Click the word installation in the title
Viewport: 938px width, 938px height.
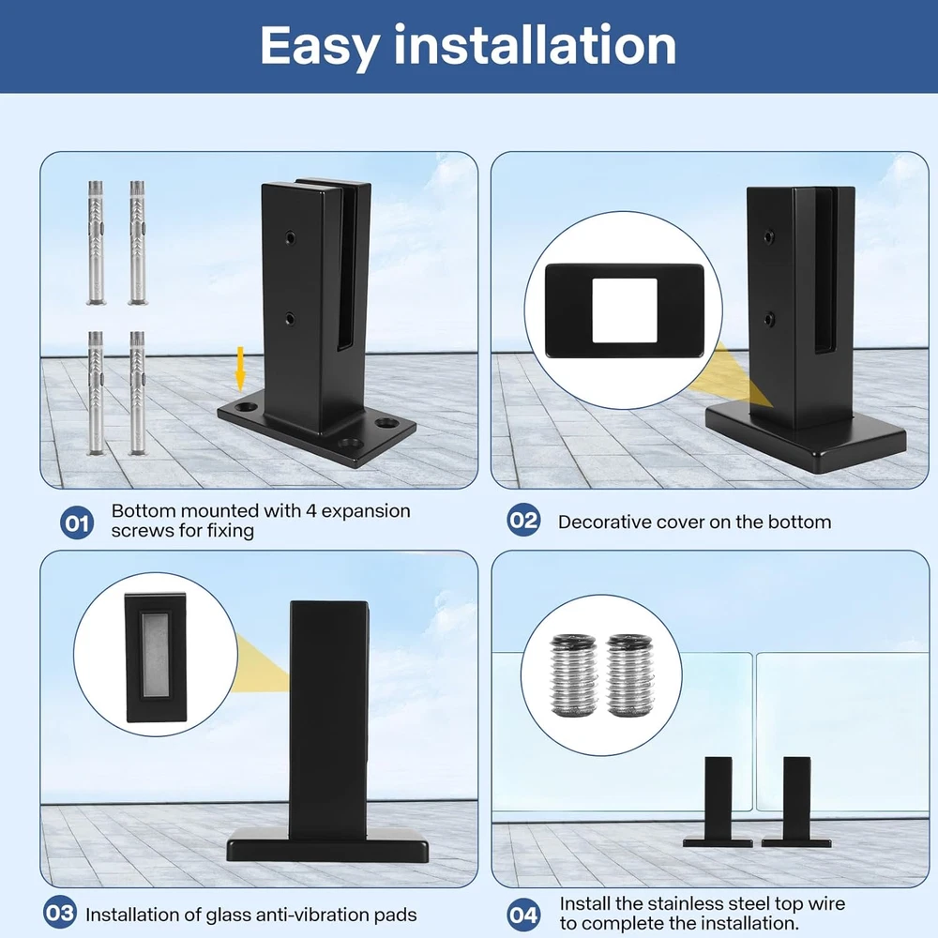point(535,44)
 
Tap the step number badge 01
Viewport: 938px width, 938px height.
point(77,522)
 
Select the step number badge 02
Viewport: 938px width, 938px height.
point(523,520)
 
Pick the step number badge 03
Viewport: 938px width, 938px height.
point(60,913)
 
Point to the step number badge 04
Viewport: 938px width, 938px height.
point(523,914)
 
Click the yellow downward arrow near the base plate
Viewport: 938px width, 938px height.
point(240,369)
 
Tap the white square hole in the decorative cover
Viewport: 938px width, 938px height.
point(624,310)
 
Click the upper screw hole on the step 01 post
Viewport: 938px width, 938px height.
point(290,238)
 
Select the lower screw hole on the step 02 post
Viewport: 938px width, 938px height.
point(769,320)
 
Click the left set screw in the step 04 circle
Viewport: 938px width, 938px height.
point(573,675)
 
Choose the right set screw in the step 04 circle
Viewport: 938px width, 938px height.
point(629,675)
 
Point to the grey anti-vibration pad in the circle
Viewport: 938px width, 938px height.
point(156,656)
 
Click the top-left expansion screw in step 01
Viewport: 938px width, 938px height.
point(96,243)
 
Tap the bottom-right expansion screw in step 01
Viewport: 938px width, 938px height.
point(138,393)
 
